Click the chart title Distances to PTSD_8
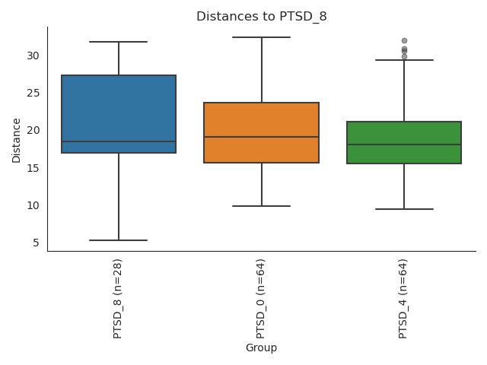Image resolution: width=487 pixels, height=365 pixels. point(261,17)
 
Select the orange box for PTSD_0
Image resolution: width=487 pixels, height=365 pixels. point(261,122)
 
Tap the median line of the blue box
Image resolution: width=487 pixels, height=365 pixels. point(119,141)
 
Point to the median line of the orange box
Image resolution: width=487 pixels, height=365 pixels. point(261,137)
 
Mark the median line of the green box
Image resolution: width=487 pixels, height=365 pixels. point(404,144)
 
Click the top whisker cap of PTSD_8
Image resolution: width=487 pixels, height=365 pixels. point(119,42)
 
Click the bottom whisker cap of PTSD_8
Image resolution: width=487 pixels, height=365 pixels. point(119,240)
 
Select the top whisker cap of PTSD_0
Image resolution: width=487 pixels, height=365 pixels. point(261,37)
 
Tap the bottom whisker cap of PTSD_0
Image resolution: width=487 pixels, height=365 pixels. point(261,206)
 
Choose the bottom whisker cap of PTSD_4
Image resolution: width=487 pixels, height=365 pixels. point(404,209)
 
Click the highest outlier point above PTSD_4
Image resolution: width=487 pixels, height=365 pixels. point(404,40)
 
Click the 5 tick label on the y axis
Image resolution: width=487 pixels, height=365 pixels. point(36,243)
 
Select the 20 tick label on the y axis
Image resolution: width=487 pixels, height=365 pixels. point(33,130)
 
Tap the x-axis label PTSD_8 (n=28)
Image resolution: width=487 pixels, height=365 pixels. point(118,297)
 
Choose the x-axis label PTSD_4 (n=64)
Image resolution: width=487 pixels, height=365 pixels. point(403,297)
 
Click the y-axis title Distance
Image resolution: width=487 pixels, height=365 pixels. point(17,139)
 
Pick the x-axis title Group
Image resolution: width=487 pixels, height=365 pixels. point(261,348)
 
